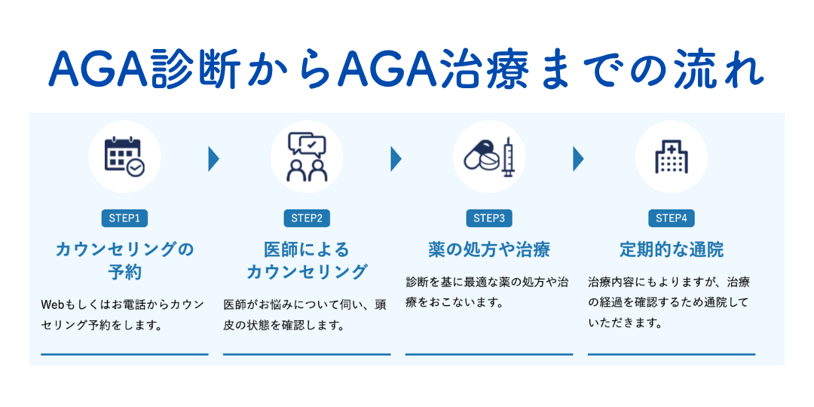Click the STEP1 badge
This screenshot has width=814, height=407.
(124, 218)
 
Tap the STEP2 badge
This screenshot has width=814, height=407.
(307, 218)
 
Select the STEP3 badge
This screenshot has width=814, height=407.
(489, 218)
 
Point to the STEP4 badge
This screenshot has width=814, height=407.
(672, 218)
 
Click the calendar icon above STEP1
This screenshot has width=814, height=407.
(124, 156)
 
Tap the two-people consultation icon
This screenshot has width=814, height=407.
(307, 156)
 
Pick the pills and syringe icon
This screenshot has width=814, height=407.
(489, 156)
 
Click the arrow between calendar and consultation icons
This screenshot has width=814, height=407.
(213, 159)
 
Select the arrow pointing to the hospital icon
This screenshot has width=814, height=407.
(578, 159)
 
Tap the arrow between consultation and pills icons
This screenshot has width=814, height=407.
(396, 159)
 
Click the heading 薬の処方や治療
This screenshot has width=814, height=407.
(489, 250)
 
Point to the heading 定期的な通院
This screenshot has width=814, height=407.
(672, 250)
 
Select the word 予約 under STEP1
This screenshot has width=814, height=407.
(124, 272)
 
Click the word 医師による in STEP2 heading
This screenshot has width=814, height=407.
(307, 250)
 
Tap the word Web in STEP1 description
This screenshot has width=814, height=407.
(53, 304)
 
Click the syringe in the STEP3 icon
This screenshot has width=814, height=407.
(507, 156)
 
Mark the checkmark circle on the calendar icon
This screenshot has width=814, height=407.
(136, 167)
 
